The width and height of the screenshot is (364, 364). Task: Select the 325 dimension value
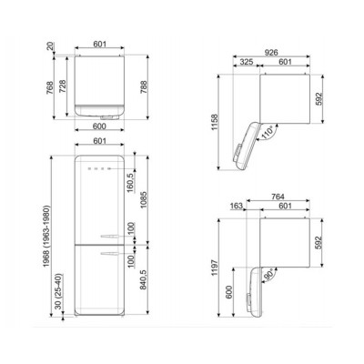247,62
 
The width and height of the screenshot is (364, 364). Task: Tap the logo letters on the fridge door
96,169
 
